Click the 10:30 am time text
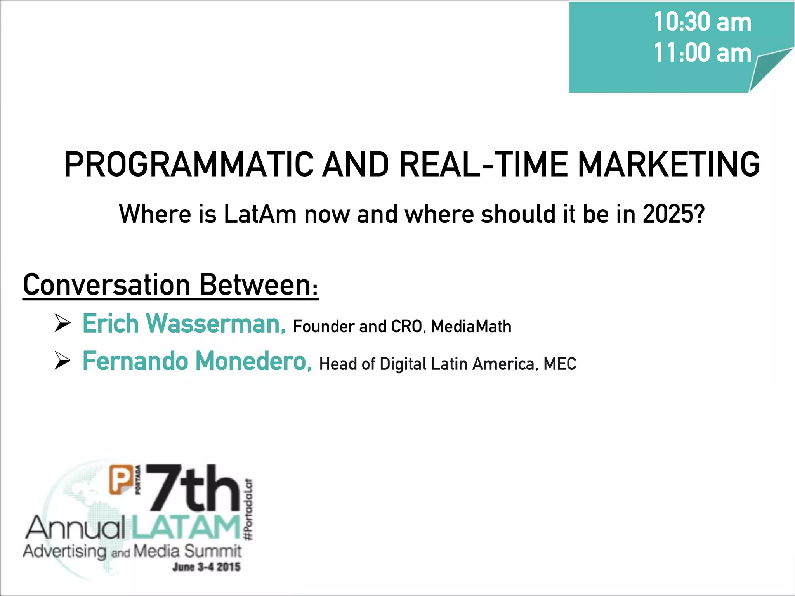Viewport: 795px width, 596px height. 702,22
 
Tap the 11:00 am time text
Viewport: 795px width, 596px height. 702,53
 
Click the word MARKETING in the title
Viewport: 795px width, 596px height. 668,165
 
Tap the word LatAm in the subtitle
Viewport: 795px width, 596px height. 260,214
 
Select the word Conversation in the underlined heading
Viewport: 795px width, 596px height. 106,285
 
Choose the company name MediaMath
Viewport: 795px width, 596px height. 471,327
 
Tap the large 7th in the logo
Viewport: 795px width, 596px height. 193,489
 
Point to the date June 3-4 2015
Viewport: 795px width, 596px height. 206,567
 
